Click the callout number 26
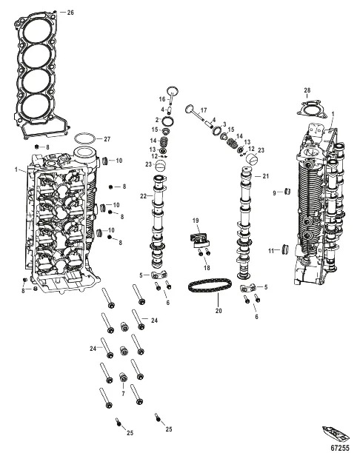pyautogui.click(x=70, y=13)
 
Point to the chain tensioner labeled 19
pyautogui.click(x=199, y=240)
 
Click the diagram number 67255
pyautogui.click(x=340, y=448)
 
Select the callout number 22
pyautogui.click(x=144, y=196)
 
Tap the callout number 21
pyautogui.click(x=265, y=175)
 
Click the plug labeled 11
pyautogui.click(x=286, y=249)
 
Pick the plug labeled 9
pyautogui.click(x=287, y=191)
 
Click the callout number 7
pyautogui.click(x=123, y=394)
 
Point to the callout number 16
pyautogui.click(x=162, y=99)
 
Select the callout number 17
pyautogui.click(x=204, y=110)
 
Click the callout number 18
pyautogui.click(x=207, y=268)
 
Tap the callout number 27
pyautogui.click(x=107, y=139)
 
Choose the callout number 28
pyautogui.click(x=307, y=90)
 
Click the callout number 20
pyautogui.click(x=219, y=311)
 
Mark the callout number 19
pyautogui.click(x=196, y=221)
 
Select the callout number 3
pyautogui.click(x=224, y=124)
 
